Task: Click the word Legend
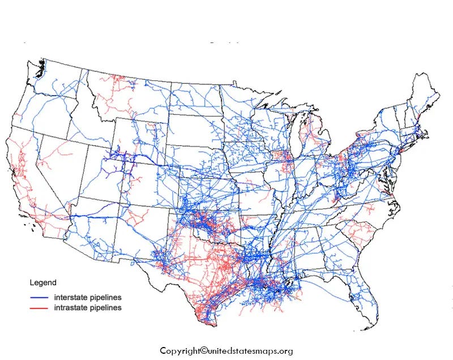42,282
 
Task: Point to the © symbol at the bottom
204,350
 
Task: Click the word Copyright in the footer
180,350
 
